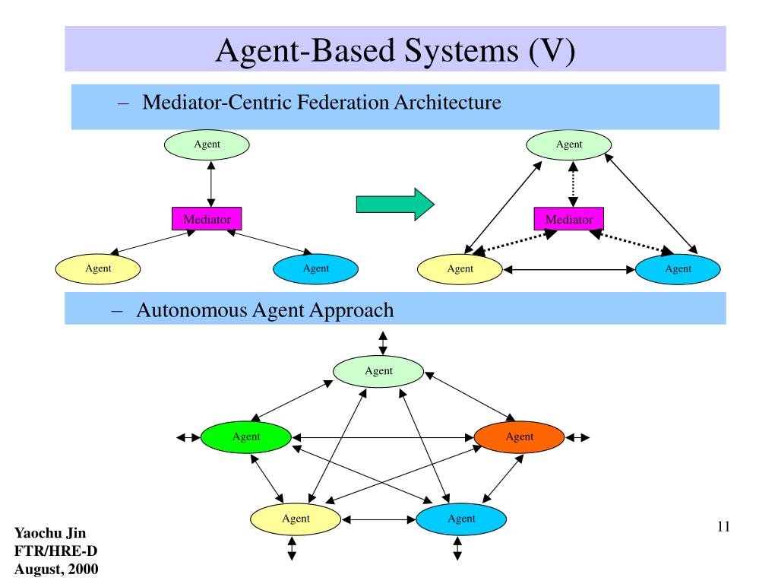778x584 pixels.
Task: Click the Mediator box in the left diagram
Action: [x=207, y=218]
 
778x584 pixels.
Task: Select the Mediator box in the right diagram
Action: [x=568, y=218]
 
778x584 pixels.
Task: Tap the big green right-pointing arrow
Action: [x=395, y=204]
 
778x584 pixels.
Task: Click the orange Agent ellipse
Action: [x=519, y=437]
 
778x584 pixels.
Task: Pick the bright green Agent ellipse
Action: [x=245, y=437]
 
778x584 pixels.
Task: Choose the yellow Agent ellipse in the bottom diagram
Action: [x=296, y=519]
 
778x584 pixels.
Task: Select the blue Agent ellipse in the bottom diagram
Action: [x=461, y=519]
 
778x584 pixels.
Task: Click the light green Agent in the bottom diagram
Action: [x=378, y=371]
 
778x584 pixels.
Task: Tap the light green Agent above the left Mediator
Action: [x=207, y=144]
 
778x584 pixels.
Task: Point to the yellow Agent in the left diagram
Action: [x=98, y=268]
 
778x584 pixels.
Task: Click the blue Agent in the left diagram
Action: [x=315, y=268]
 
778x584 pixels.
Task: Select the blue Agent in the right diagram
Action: [x=678, y=269]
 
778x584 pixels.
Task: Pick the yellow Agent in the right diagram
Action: [x=460, y=269]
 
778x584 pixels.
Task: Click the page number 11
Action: [x=723, y=526]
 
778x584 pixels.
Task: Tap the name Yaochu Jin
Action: [x=50, y=533]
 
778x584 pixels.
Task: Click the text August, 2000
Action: [x=56, y=569]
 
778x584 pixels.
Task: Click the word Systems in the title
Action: [x=461, y=52]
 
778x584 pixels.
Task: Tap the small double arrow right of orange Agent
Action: [x=577, y=437]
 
